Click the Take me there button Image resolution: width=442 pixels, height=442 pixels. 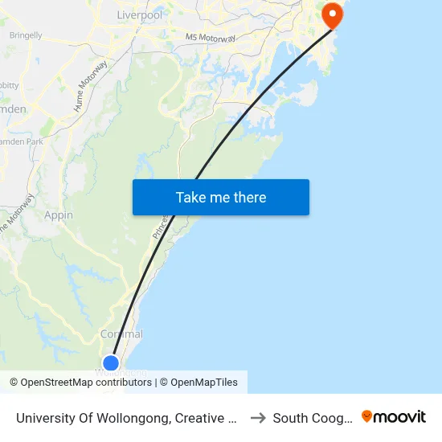click(221, 198)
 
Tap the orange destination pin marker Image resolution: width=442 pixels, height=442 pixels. click(331, 14)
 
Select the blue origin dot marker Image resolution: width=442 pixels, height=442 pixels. click(111, 362)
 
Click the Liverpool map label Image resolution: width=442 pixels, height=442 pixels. click(139, 14)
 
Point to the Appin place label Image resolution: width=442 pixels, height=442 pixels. click(59, 215)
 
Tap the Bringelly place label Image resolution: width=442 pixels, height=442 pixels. click(26, 35)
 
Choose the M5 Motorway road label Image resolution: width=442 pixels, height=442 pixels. click(211, 38)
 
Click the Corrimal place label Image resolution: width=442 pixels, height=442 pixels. click(121, 334)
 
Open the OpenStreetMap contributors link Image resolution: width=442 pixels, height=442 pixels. click(86, 383)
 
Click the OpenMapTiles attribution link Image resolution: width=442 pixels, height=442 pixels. click(204, 383)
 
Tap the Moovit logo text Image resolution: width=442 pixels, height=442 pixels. click(400, 417)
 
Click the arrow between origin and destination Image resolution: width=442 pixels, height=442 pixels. click(259, 418)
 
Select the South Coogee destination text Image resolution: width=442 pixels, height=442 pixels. click(313, 418)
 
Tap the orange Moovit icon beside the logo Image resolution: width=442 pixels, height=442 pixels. click(367, 416)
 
